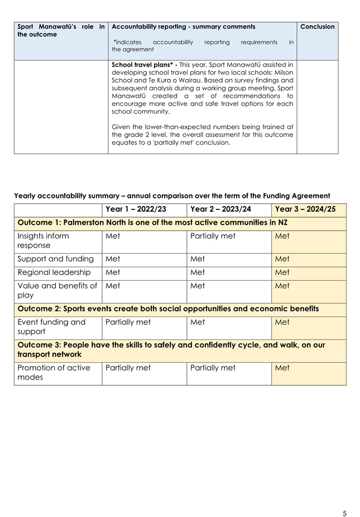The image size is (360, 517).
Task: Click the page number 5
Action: click(344, 498)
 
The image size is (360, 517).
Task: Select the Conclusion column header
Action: click(317, 27)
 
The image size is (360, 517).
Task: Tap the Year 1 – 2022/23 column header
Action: click(136, 209)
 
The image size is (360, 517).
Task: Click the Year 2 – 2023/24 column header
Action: click(220, 209)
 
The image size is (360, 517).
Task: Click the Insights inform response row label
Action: click(44, 241)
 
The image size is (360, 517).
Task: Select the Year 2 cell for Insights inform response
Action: click(213, 236)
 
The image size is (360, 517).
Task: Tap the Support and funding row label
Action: click(54, 259)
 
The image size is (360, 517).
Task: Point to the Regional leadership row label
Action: click(54, 272)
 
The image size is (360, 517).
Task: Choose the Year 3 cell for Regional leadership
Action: click(282, 272)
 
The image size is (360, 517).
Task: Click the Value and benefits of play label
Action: click(57, 290)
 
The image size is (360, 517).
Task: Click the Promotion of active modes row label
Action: click(54, 372)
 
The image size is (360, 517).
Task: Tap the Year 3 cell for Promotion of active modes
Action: click(282, 368)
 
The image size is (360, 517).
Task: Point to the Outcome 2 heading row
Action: click(168, 309)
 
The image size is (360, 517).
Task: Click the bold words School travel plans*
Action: click(143, 65)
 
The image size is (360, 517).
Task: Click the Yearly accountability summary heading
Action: click(172, 196)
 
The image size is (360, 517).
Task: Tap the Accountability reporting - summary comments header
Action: click(184, 27)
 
